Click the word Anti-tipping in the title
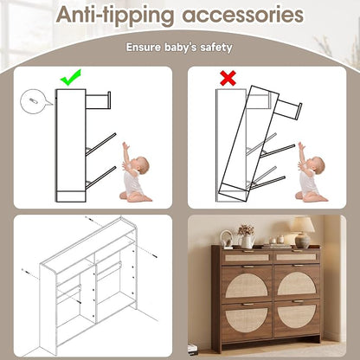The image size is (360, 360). [x=115, y=15]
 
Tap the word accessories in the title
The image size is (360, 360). [x=243, y=15]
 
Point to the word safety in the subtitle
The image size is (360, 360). [x=216, y=48]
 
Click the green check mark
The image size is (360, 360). [x=71, y=77]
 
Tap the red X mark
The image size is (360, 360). [x=228, y=78]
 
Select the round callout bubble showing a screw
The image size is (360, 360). [x=32, y=101]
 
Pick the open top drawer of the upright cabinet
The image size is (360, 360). [x=98, y=100]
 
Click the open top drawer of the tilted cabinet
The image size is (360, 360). [x=288, y=109]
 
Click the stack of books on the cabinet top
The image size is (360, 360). [x=277, y=246]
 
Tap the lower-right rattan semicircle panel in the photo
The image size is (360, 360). [x=297, y=316]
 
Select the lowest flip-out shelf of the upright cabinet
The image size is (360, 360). [x=100, y=178]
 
